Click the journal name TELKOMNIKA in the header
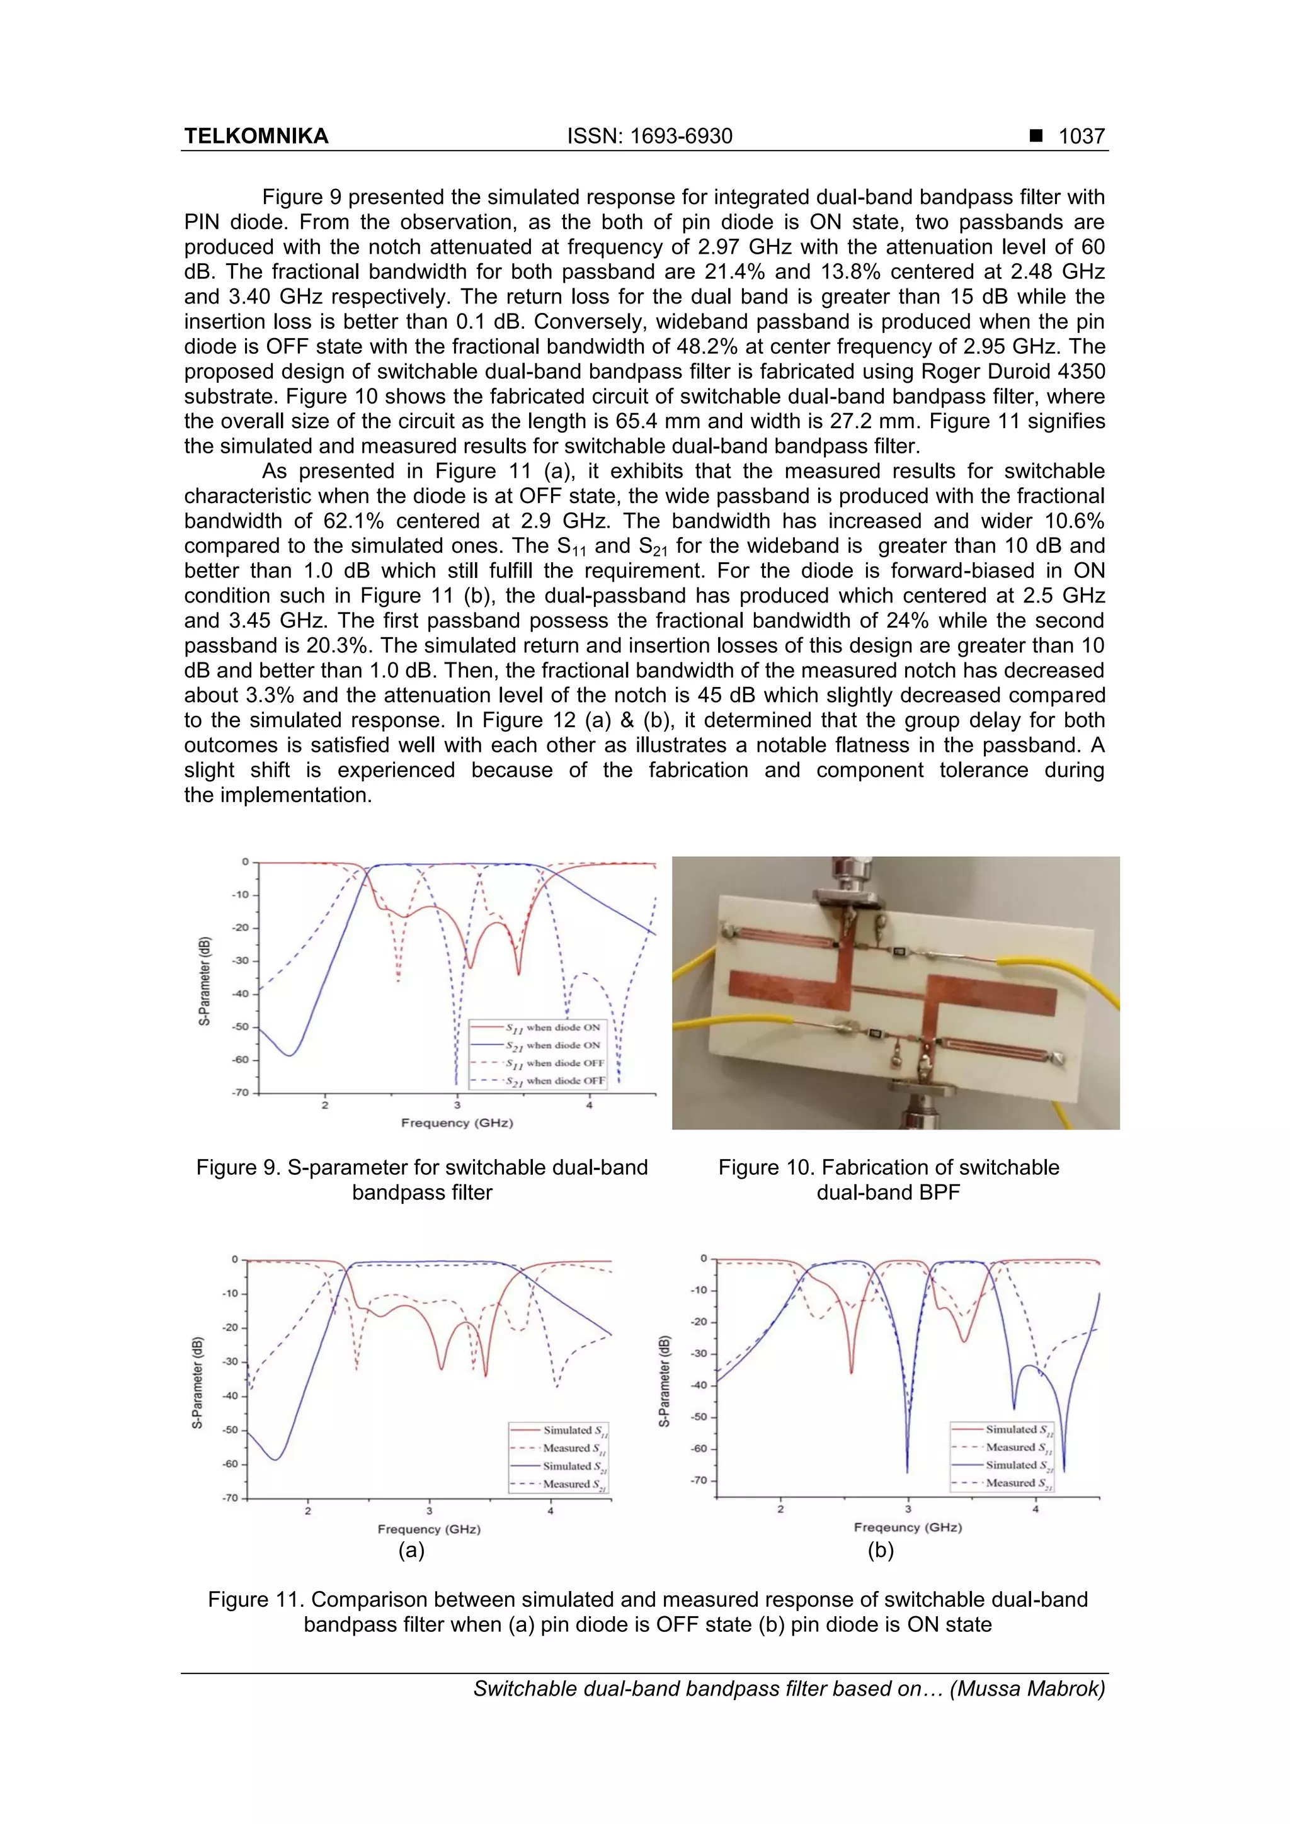[256, 137]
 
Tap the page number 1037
[1082, 137]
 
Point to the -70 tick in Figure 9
[240, 1093]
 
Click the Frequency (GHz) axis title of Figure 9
[457, 1123]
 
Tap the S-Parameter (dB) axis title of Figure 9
[205, 981]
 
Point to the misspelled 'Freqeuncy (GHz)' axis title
[908, 1527]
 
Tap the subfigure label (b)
[881, 1550]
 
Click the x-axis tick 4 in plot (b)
[1036, 1509]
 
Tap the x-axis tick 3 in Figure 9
[457, 1105]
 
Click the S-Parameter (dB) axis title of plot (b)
[665, 1381]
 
